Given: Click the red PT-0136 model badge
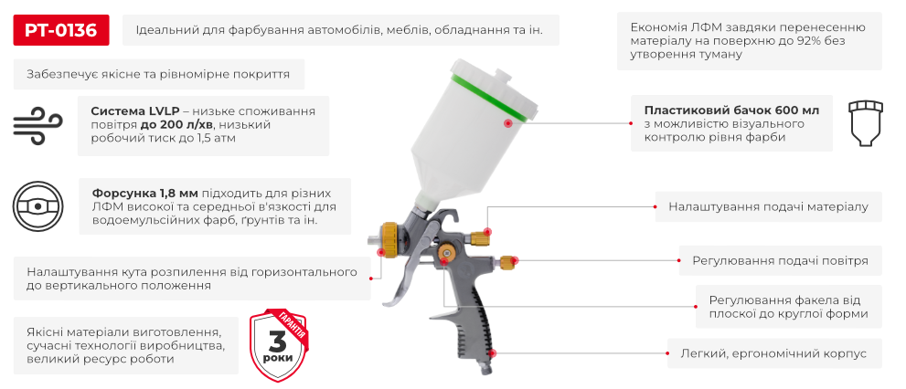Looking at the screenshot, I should point(61,30).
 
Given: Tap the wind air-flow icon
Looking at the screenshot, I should point(37,124).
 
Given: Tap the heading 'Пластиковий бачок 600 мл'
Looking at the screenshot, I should point(731,110).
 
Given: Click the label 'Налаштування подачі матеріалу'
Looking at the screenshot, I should point(768,207).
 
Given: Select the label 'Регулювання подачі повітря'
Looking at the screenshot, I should point(780,261).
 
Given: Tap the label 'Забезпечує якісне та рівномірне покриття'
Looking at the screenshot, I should point(159,75).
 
